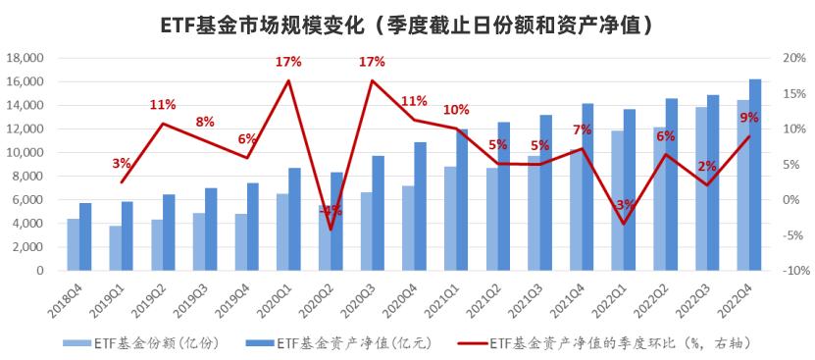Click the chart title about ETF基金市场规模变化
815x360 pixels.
pyautogui.click(x=407, y=23)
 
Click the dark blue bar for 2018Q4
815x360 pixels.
pyautogui.click(x=86, y=236)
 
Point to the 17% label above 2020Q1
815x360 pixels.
pyautogui.click(x=287, y=62)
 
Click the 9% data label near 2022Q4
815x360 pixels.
pyautogui.click(x=749, y=118)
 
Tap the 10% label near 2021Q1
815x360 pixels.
pyautogui.click(x=456, y=109)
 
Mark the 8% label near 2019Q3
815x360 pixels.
pyautogui.click(x=205, y=122)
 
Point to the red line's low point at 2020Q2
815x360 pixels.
pyautogui.click(x=331, y=230)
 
